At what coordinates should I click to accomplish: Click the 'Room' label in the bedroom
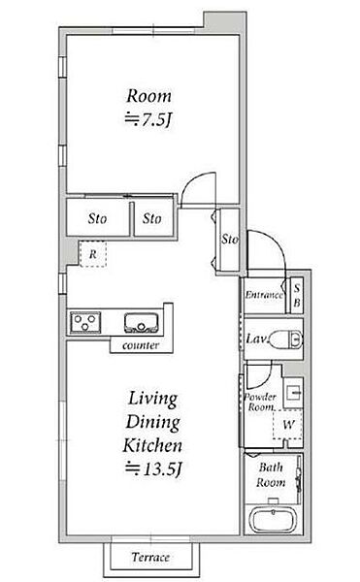tap(148, 96)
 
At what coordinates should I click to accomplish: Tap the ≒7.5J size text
tap(148, 119)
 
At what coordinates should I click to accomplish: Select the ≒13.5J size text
tap(153, 469)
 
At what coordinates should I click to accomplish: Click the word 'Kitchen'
tap(152, 445)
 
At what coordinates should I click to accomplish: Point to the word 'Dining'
tap(153, 422)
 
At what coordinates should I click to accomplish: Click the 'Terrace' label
tap(150, 557)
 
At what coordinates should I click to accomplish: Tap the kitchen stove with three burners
tap(85, 323)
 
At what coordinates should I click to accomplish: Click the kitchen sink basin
tap(142, 323)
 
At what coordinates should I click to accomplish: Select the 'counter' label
tap(141, 345)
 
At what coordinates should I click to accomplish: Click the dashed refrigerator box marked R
tap(93, 254)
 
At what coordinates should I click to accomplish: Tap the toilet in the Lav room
tap(285, 339)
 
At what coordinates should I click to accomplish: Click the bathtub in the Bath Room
tap(273, 520)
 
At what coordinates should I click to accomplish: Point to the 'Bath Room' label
tap(271, 474)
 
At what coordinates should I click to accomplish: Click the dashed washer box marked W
tap(288, 424)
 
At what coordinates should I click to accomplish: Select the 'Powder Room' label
tap(260, 402)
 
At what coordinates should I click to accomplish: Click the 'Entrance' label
tap(264, 295)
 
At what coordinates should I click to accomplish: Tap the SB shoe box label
tap(297, 296)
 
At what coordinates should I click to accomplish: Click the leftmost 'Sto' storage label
tap(97, 218)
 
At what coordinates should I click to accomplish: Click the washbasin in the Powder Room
tap(294, 392)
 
